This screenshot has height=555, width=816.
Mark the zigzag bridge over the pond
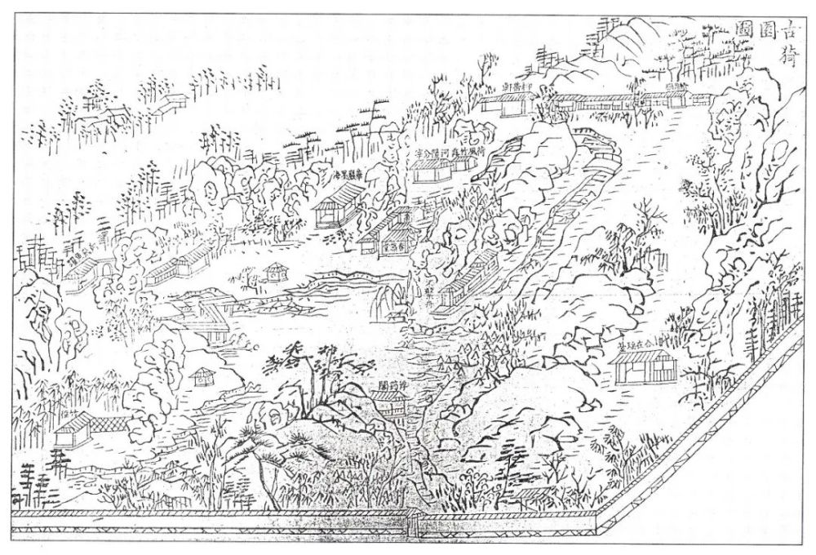(214, 308)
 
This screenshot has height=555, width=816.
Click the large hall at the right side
(644, 366)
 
